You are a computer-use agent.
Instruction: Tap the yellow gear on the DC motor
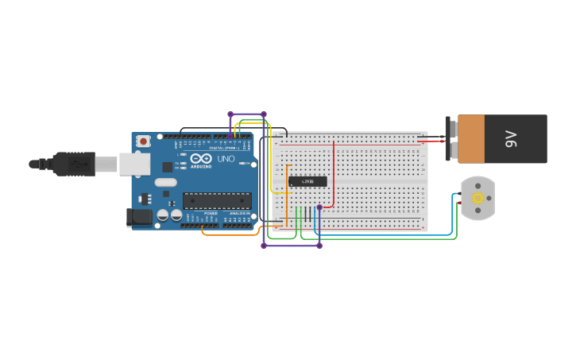click(x=477, y=198)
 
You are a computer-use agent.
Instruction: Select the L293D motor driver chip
click(x=307, y=181)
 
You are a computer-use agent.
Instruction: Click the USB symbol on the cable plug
click(x=77, y=164)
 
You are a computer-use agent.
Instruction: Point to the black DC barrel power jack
click(x=140, y=216)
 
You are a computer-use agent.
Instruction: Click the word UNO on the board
click(x=226, y=159)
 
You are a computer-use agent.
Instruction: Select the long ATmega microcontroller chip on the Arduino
click(x=217, y=200)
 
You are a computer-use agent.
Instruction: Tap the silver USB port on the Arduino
click(x=134, y=164)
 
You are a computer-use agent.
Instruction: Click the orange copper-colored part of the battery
click(x=470, y=139)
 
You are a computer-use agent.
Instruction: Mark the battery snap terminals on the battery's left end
click(x=452, y=139)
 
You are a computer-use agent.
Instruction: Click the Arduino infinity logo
click(x=201, y=159)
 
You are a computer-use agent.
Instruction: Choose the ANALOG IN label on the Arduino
click(x=238, y=214)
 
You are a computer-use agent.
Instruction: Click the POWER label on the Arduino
click(x=211, y=214)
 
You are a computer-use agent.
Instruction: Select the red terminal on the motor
click(x=460, y=203)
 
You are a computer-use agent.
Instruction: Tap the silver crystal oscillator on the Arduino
click(x=165, y=183)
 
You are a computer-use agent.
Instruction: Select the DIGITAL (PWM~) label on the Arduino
click(x=225, y=148)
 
